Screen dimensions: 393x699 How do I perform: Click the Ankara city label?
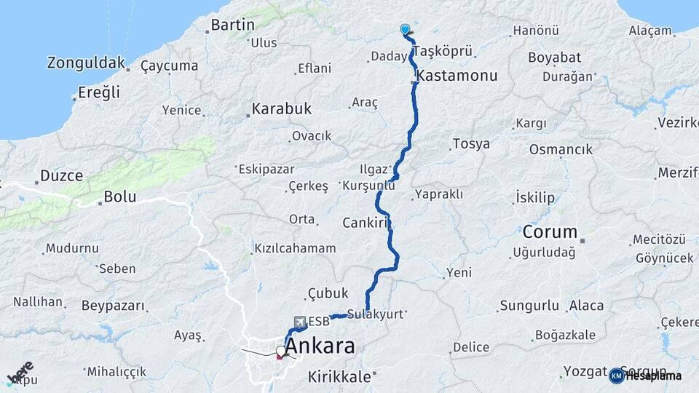[320, 346]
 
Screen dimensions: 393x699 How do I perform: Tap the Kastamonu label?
[457, 76]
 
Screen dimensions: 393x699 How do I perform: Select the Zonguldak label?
[86, 63]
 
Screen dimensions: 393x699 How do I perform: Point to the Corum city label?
[550, 233]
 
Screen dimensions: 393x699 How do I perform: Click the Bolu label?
[120, 196]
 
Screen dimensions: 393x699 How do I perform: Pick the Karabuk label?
[281, 109]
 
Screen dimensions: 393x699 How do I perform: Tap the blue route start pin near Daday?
[405, 29]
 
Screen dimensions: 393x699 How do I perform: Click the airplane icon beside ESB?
[299, 321]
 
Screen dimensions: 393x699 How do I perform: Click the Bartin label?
[232, 25]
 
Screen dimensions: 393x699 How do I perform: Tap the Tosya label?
[471, 143]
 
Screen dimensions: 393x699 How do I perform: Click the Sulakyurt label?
[375, 314]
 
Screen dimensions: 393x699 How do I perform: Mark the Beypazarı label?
[113, 305]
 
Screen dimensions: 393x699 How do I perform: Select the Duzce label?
[61, 175]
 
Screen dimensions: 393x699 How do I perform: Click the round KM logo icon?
[616, 376]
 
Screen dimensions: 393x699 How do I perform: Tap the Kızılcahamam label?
[295, 248]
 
